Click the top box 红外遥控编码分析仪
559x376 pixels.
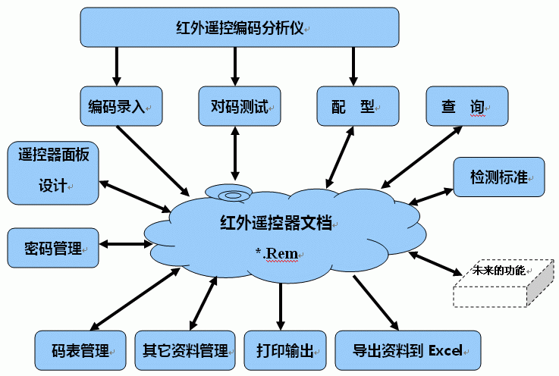pos(240,27)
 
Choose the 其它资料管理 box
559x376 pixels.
pos(185,351)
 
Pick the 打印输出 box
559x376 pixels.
pos(285,351)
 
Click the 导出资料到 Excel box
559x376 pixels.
pos(407,351)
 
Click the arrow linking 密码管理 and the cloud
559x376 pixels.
pos(126,244)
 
